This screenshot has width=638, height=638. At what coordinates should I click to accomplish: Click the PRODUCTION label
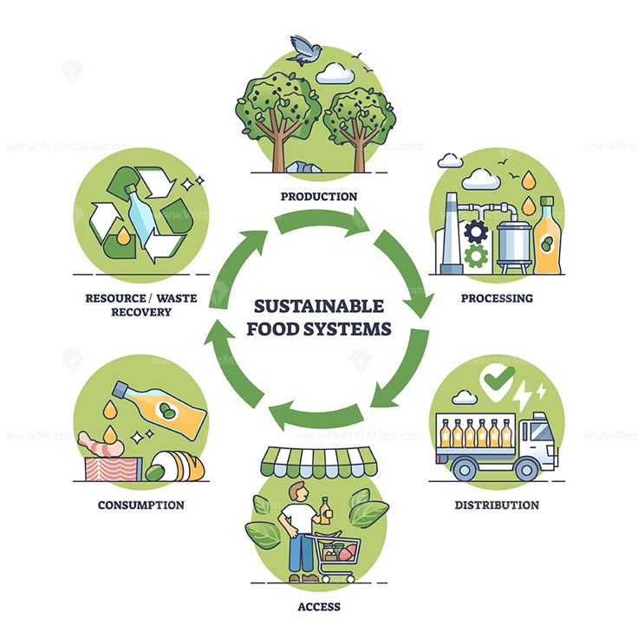(319, 197)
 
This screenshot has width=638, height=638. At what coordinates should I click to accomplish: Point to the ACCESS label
(319, 607)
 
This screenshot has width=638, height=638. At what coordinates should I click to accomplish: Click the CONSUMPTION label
(140, 505)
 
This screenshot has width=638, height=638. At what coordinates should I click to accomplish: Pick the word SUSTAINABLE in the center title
(319, 306)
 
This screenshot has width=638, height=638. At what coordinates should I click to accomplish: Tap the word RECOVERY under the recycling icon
(140, 312)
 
